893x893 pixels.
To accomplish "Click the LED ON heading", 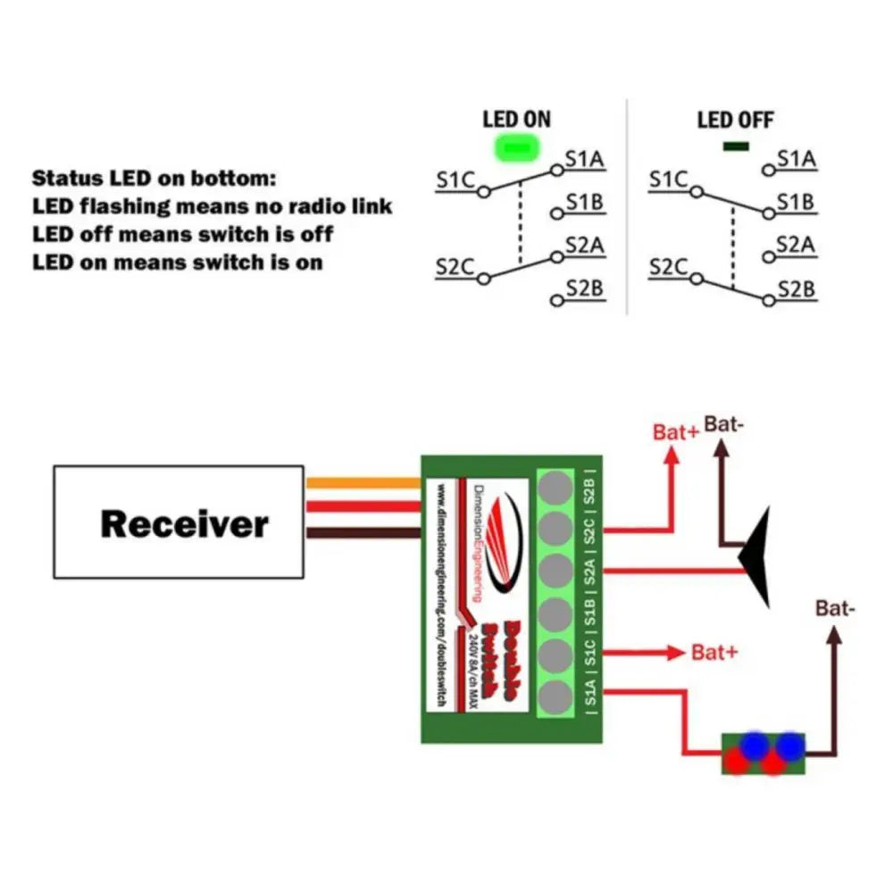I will click(516, 119).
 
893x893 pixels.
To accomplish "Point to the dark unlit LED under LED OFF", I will click(735, 145).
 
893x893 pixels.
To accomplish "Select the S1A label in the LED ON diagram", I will click(585, 160).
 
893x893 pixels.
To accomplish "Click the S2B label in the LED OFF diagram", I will click(797, 288).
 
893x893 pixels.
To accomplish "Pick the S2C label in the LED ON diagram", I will click(455, 265).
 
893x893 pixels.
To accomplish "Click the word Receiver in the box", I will click(184, 523).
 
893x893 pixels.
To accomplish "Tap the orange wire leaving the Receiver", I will click(363, 483).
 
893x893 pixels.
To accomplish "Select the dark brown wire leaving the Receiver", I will click(363, 533).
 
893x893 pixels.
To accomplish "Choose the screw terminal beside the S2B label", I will click(555, 488).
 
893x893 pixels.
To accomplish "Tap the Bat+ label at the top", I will click(676, 432).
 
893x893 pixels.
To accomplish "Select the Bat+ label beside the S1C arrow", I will click(715, 652).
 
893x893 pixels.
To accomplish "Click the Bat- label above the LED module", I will click(835, 608).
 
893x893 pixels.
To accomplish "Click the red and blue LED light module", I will click(763, 753).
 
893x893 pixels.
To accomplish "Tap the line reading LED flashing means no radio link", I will click(212, 206).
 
